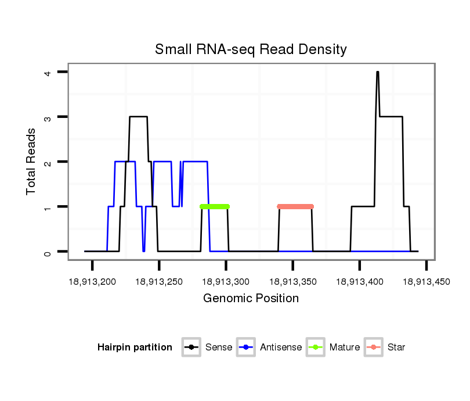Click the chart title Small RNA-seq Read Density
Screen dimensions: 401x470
251,49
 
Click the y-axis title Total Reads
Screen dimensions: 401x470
31,161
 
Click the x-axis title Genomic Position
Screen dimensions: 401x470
251,299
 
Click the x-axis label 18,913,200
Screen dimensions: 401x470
92,282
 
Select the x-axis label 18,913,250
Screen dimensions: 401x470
159,282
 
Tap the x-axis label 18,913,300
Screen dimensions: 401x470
226,282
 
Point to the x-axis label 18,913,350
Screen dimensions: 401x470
292,282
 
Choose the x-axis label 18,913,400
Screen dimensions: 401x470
359,282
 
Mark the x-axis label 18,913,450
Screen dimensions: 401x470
426,282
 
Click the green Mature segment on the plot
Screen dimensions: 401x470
215,206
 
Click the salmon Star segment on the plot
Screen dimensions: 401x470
295,206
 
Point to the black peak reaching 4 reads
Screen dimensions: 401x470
377,73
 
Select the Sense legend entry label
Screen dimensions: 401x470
219,348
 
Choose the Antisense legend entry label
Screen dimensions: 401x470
281,348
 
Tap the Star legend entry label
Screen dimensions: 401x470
396,348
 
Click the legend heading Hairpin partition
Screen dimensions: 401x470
135,348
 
